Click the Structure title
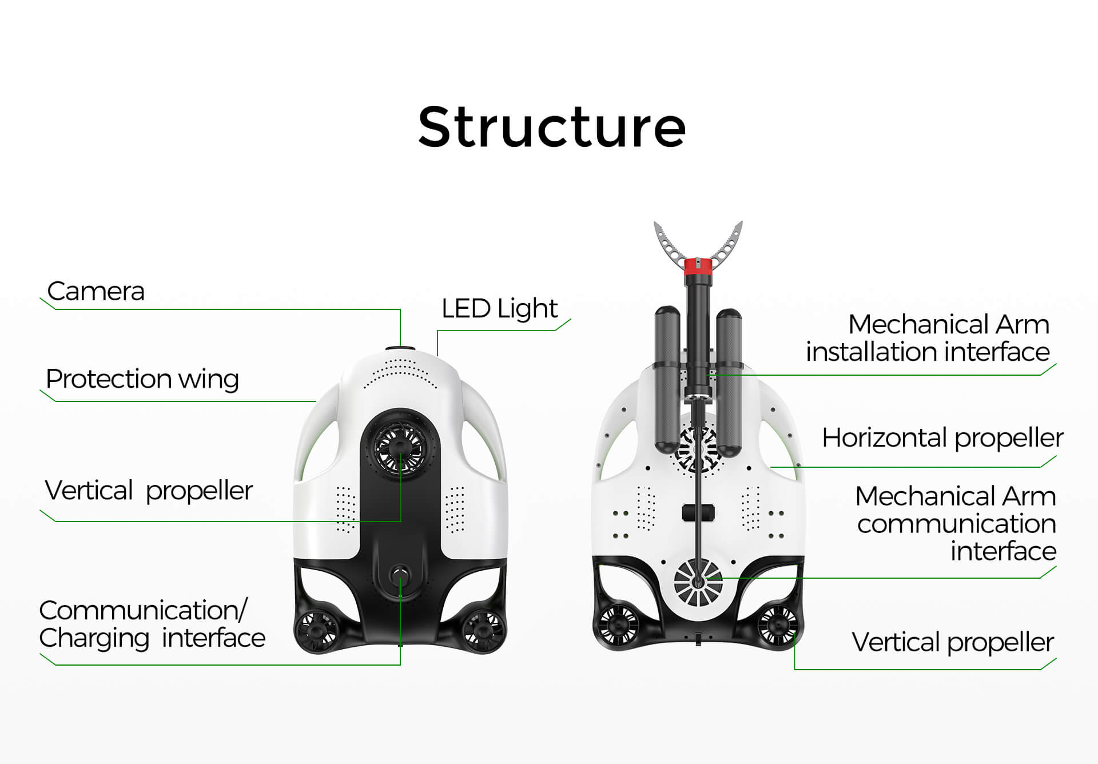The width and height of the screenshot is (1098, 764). coord(552,127)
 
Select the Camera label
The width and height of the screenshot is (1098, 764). coord(96,291)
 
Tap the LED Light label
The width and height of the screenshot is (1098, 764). coord(499,309)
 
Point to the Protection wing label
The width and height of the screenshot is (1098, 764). coord(142,379)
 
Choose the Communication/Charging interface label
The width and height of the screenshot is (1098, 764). coord(152,624)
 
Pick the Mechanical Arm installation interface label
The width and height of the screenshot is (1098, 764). coord(928,338)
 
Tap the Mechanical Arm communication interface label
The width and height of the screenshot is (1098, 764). coord(956,523)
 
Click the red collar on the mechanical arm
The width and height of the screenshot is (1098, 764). coord(698,266)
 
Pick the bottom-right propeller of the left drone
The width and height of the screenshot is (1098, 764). coord(484,629)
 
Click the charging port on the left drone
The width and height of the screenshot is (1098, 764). coord(400,575)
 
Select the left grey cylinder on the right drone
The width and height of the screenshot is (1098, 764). coord(667,381)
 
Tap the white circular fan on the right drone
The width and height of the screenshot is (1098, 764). coord(698,583)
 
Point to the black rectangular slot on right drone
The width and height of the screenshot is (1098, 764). coord(699,512)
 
